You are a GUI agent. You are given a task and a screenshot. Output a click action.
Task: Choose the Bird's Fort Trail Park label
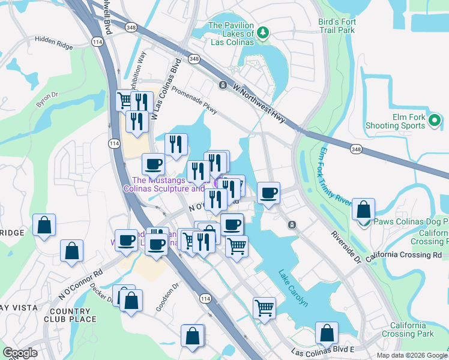tap(337, 26)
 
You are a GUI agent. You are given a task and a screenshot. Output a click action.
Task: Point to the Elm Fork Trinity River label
tap(336, 177)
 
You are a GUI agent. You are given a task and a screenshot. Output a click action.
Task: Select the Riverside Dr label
tap(347, 246)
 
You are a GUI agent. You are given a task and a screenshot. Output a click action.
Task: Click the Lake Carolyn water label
tap(293, 288)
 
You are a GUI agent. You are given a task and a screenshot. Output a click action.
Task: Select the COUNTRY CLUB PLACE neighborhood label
tap(70, 315)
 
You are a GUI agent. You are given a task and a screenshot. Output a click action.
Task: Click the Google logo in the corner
tap(20, 353)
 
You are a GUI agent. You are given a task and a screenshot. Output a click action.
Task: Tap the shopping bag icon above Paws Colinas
tap(363, 209)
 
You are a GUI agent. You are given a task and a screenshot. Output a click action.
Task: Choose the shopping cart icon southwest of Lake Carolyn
tap(264, 308)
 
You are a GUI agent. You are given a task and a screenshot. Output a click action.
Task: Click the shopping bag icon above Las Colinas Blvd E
tap(326, 333)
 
